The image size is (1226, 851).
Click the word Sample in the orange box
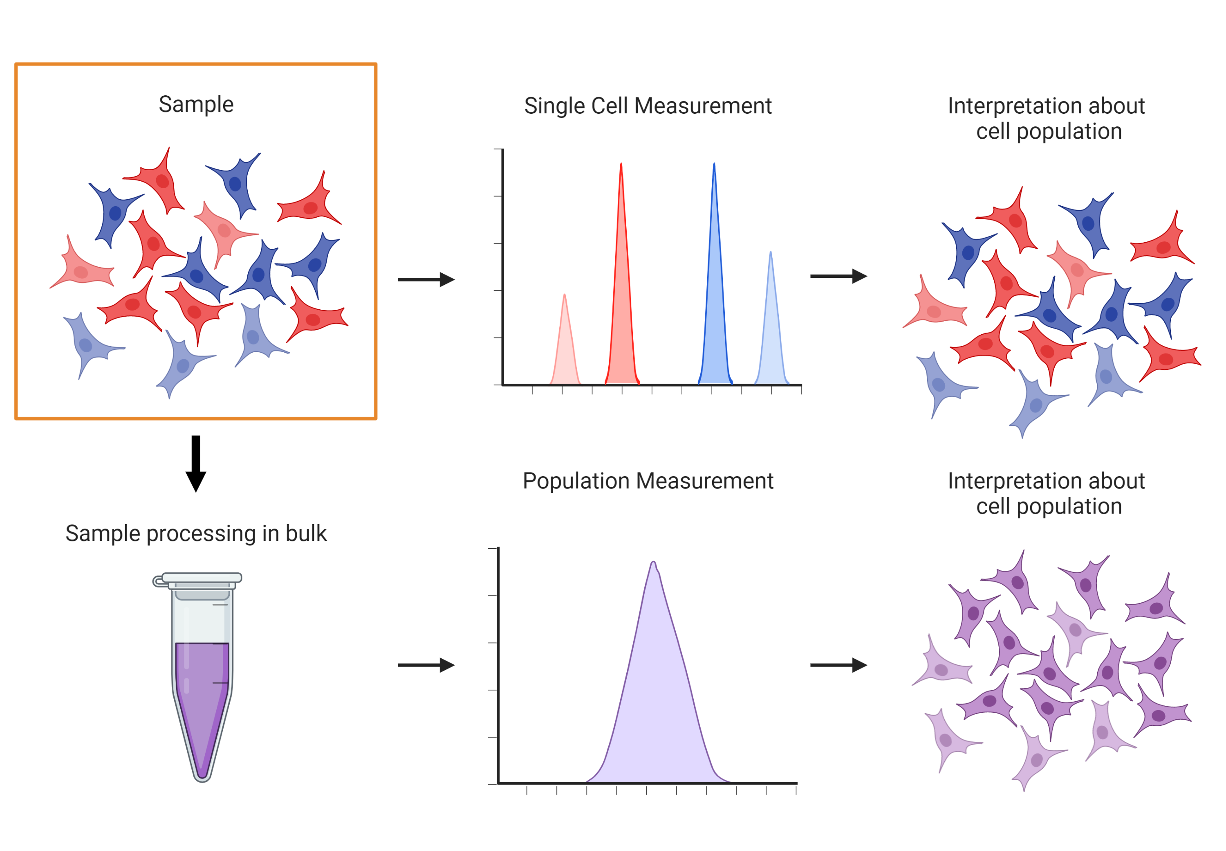click(x=196, y=104)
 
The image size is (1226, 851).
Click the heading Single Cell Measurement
click(x=648, y=106)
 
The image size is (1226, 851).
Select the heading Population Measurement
click(x=648, y=481)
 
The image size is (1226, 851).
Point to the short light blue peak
click(x=771, y=336)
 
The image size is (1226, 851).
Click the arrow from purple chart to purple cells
click(x=838, y=665)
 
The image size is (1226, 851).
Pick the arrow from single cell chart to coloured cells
click(x=838, y=276)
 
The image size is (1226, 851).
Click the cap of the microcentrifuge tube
click(x=202, y=579)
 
